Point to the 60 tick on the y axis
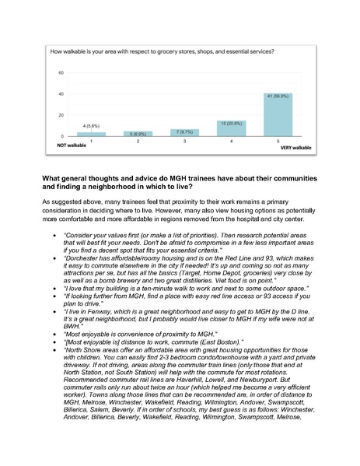tap(61, 72)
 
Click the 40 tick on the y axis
tap(61, 94)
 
